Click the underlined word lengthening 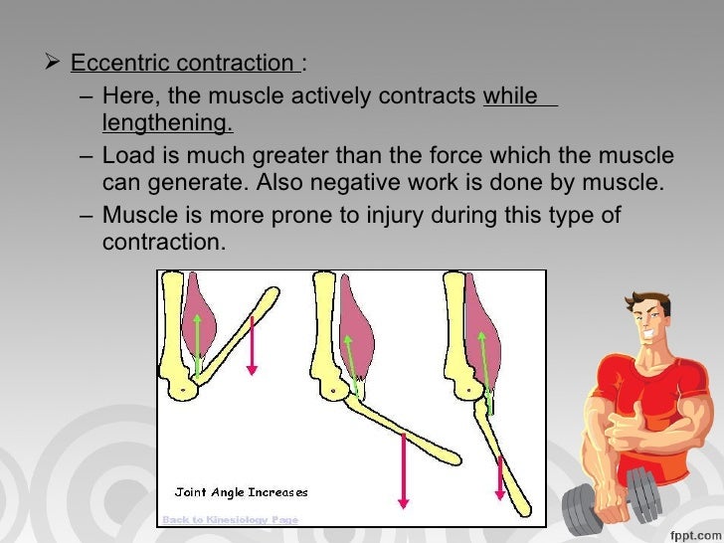[167, 122]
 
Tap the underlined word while [510, 96]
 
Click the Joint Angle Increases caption [241, 491]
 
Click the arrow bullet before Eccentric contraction [56, 65]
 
